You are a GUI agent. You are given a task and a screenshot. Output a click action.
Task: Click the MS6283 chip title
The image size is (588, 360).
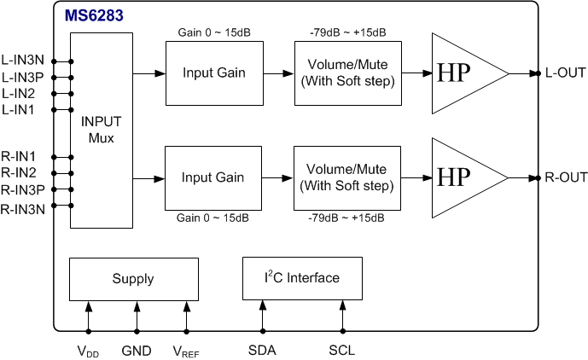click(94, 15)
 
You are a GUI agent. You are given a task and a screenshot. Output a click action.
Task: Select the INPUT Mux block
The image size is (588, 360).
click(102, 131)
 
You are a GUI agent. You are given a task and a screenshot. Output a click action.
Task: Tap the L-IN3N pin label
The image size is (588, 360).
click(22, 60)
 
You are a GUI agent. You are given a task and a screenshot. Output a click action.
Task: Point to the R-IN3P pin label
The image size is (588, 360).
click(22, 189)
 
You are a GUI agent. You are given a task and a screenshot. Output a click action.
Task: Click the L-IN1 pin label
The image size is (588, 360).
click(18, 110)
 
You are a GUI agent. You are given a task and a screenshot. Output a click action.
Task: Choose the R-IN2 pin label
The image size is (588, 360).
click(19, 173)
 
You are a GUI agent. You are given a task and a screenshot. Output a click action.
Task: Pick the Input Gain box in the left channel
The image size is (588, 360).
click(214, 73)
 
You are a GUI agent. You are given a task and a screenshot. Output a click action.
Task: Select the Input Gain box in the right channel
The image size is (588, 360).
click(213, 178)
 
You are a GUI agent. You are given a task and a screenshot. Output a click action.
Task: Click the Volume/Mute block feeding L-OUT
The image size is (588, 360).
click(348, 73)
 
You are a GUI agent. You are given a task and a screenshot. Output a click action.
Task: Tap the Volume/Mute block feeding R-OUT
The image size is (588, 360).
click(347, 178)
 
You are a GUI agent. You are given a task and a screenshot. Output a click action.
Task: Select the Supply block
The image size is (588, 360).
click(134, 279)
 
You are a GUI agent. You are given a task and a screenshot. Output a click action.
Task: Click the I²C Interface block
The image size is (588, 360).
click(302, 278)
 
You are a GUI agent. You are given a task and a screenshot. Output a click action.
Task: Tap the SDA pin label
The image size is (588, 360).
click(262, 351)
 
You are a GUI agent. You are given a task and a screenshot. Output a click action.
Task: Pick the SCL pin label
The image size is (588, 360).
click(341, 351)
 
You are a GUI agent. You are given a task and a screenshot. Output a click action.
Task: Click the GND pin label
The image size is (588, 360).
click(137, 351)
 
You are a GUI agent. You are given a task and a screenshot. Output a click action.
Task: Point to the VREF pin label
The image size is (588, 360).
click(186, 351)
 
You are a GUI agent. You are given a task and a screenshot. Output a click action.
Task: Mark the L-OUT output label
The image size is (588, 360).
click(565, 73)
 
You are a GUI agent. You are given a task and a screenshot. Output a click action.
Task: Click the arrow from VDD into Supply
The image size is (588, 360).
click(89, 316)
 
